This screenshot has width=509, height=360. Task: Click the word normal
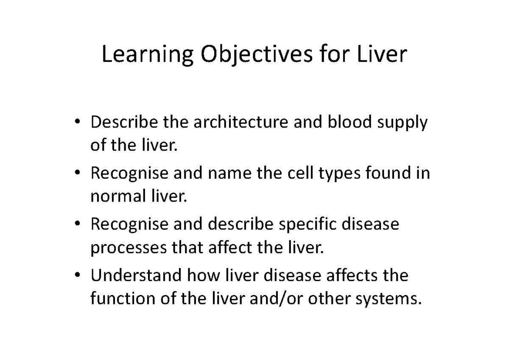111,197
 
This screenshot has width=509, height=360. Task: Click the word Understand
135,276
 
